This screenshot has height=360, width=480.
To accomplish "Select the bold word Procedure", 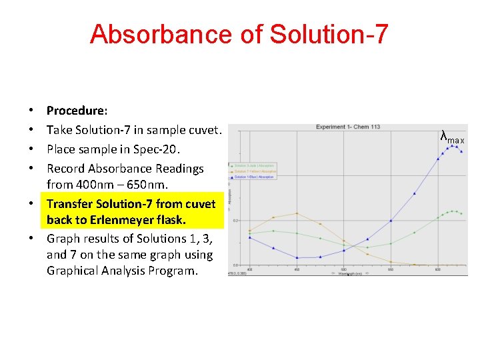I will click(77, 110).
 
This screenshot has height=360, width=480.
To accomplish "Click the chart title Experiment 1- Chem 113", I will click(348, 127).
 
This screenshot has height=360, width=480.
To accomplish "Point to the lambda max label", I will click(453, 138).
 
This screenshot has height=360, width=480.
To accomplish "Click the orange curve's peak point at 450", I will click(297, 213).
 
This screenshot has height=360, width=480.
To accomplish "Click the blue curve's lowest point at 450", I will click(297, 258).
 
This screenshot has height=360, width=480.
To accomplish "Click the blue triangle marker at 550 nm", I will click(367, 239).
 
